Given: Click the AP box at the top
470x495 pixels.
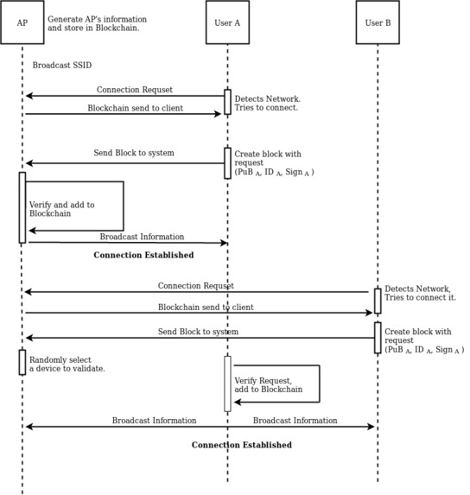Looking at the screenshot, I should pyautogui.click(x=22, y=22).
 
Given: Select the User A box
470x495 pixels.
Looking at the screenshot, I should pyautogui.click(x=227, y=22).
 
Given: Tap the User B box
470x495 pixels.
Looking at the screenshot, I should pyautogui.click(x=378, y=22).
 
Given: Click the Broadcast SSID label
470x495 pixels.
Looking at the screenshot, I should pyautogui.click(x=61, y=66).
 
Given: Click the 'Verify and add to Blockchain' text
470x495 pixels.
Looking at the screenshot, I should pyautogui.click(x=62, y=209).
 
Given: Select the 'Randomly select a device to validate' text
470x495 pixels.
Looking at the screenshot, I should pyautogui.click(x=67, y=364).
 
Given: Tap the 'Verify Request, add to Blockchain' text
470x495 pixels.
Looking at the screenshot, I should pyautogui.click(x=269, y=384).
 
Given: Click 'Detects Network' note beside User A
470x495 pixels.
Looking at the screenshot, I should pyautogui.click(x=266, y=104).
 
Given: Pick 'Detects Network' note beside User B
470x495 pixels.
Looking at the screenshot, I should pyautogui.click(x=420, y=293).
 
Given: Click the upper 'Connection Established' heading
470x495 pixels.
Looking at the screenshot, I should pyautogui.click(x=143, y=256).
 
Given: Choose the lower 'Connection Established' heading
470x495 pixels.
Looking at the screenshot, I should pyautogui.click(x=241, y=445).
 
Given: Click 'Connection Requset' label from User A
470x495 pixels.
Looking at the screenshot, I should pyautogui.click(x=134, y=90).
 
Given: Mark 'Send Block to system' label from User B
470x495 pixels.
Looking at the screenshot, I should pyautogui.click(x=198, y=332).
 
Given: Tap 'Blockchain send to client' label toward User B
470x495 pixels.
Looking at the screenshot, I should pyautogui.click(x=206, y=308).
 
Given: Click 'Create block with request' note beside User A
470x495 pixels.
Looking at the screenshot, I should pyautogui.click(x=273, y=162).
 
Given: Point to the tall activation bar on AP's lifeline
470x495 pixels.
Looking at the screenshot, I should pyautogui.click(x=22, y=207).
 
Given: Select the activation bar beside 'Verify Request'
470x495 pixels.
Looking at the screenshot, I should pyautogui.click(x=227, y=384).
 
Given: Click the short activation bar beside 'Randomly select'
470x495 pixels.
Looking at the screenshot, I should pyautogui.click(x=22, y=362).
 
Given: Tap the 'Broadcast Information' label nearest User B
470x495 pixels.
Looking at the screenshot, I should pyautogui.click(x=295, y=421).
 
